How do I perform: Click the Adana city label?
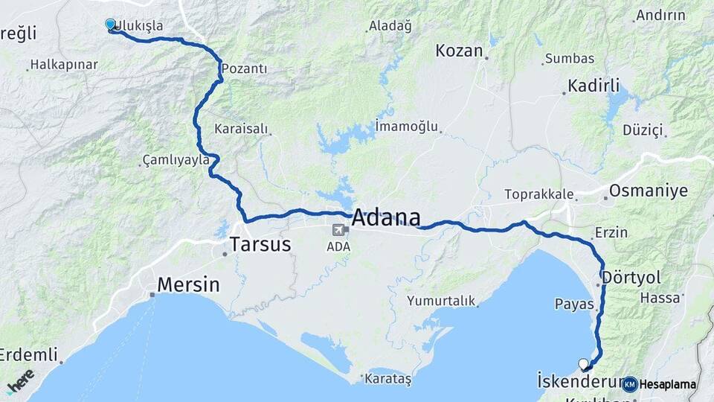point(385,218)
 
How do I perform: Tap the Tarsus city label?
point(260,243)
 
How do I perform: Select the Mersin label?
point(188,284)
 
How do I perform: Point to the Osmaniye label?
point(649,191)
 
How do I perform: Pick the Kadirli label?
point(594,86)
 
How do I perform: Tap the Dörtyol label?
point(631,277)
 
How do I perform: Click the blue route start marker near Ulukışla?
point(111,25)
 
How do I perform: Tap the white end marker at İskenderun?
point(584,364)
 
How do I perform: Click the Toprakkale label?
point(539,194)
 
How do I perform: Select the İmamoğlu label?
point(407,126)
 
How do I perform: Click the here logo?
point(20,380)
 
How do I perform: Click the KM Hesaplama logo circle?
point(629,384)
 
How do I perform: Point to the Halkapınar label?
point(65,65)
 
